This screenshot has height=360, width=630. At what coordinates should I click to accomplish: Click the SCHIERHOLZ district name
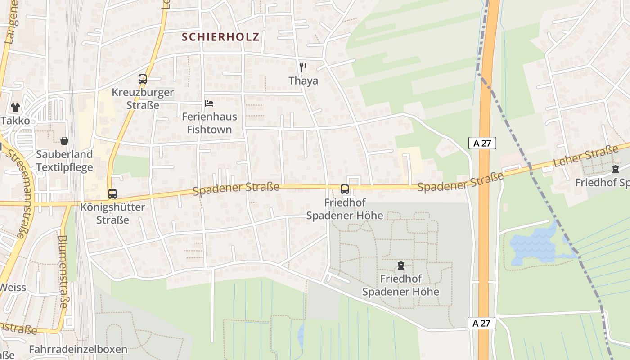click(220, 37)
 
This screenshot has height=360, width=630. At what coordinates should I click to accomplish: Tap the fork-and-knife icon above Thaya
click(303, 67)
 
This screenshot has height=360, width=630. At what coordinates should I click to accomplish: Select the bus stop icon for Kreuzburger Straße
click(143, 79)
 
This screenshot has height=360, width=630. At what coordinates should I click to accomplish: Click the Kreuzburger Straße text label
click(143, 99)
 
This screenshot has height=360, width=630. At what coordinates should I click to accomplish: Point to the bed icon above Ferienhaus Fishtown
click(209, 103)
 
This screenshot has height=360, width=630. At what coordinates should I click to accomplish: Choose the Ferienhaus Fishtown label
click(209, 123)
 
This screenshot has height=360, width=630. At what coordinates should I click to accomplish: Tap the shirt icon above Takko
click(15, 108)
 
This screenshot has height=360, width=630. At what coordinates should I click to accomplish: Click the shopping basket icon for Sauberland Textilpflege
click(64, 141)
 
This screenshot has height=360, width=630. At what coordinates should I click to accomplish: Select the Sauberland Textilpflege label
click(64, 161)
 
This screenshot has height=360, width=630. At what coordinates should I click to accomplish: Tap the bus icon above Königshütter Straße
click(112, 194)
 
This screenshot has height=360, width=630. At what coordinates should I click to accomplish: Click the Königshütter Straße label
click(112, 214)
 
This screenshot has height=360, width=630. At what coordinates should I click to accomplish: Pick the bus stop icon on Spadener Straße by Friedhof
click(345, 189)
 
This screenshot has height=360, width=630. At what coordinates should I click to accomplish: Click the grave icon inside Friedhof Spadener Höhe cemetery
click(401, 265)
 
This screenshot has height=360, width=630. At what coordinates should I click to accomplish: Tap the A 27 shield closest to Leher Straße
click(482, 143)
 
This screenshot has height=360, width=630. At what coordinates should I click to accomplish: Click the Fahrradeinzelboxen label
click(78, 349)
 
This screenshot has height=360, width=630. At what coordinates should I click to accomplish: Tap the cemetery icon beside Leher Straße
click(615, 169)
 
